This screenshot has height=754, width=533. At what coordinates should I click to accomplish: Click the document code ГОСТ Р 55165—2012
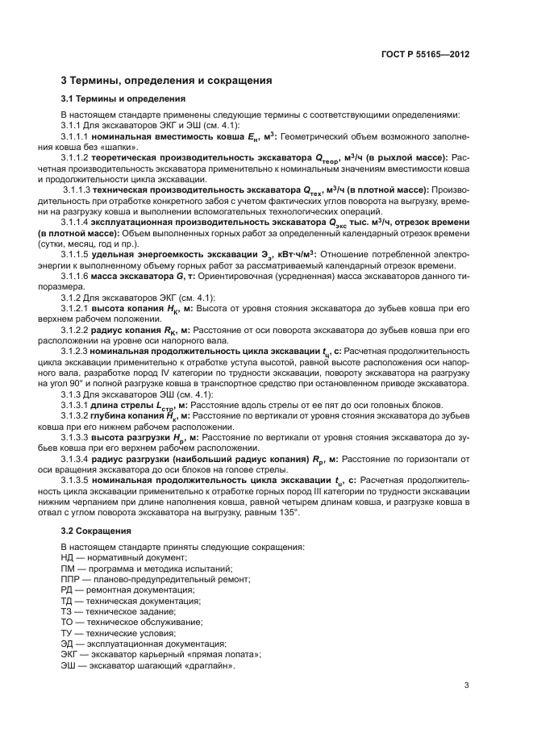pos(425,54)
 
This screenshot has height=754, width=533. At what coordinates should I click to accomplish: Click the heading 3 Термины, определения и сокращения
pos(166,81)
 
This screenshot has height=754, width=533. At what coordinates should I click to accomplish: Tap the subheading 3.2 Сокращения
pos(95,531)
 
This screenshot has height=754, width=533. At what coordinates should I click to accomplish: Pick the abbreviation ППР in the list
pos(72,579)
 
